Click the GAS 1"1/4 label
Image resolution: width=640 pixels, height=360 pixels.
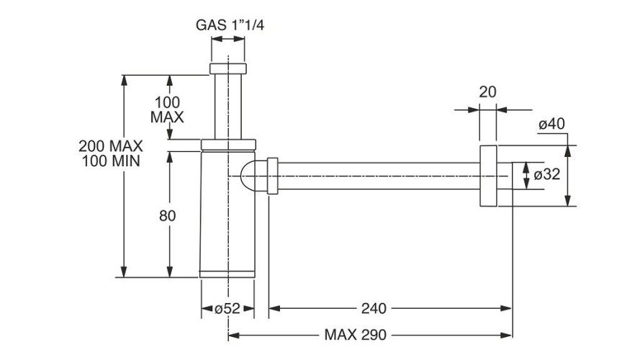[x=230, y=25]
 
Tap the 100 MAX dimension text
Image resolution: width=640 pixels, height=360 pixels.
[x=167, y=109]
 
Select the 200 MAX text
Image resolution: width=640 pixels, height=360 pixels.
[x=111, y=145]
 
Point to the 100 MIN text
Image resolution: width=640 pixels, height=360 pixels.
[x=111, y=161]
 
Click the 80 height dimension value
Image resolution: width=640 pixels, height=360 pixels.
[x=167, y=215]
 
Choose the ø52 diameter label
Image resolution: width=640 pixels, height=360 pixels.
[x=227, y=308]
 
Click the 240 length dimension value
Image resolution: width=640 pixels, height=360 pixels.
[x=374, y=308]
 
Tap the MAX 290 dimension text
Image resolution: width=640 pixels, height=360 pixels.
[x=355, y=335]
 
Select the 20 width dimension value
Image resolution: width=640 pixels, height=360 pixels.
[x=488, y=92]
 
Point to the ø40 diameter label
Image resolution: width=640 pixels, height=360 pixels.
[x=551, y=124]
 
